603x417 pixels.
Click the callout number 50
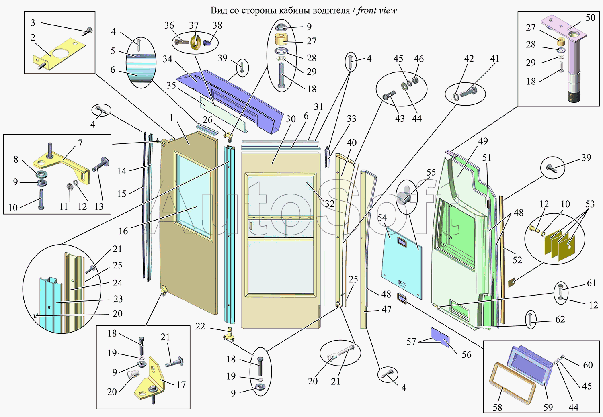click(590, 18)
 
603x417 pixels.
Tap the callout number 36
click(169, 25)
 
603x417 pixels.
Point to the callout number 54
click(382, 218)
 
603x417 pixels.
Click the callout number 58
click(498, 407)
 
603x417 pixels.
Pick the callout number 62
click(560, 319)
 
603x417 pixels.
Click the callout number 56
click(466, 354)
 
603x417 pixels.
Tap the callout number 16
click(123, 231)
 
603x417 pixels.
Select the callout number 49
click(483, 141)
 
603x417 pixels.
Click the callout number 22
click(200, 326)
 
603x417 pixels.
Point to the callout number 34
click(168, 59)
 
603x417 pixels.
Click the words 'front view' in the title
click(377, 11)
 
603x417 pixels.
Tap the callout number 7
click(80, 143)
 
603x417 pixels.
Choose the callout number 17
click(181, 385)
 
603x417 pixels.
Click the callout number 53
click(590, 204)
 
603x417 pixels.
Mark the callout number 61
click(591, 283)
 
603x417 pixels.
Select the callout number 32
click(330, 204)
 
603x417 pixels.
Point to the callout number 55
click(431, 172)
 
